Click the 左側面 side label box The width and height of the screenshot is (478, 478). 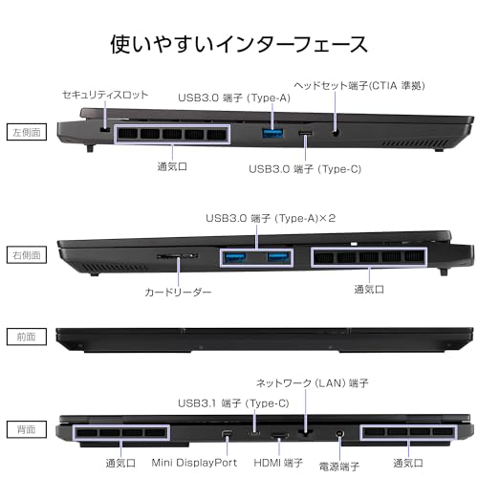pos(27,132)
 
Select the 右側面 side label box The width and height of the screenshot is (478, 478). pos(27,255)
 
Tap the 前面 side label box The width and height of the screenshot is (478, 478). pos(27,337)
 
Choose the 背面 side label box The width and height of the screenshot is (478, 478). pos(27,429)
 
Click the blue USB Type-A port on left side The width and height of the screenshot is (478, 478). pos(272,133)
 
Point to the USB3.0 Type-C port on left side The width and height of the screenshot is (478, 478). pos(306,133)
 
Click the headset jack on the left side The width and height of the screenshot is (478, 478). pos(335,133)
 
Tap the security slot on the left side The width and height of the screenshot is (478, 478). pos(104,130)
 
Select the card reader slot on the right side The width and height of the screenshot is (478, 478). pos(178,256)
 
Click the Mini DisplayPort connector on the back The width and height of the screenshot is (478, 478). pos(227,434)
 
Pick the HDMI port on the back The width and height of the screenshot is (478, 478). pos(279,435)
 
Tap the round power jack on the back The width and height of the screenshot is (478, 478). pos(339,433)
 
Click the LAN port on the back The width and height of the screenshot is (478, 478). pos(306,433)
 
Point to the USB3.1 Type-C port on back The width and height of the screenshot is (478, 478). pos(254,433)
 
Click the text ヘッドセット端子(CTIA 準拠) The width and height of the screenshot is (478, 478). pos(359,86)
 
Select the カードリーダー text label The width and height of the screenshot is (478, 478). pos(178,292)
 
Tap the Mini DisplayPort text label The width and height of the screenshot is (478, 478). pos(194,463)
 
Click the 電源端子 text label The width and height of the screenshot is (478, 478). pos(339,467)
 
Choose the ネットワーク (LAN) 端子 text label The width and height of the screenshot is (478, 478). pos(313,382)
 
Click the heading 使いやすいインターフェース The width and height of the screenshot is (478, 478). pos(239,44)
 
